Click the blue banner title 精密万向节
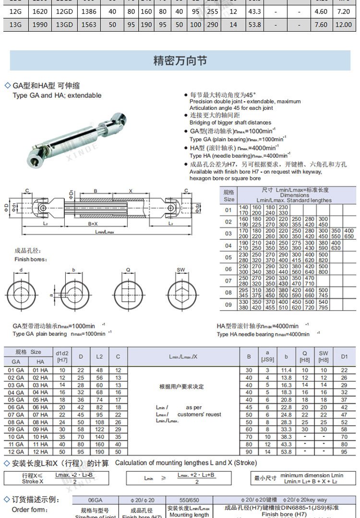(x=180, y=61)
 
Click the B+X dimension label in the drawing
(x=93, y=224)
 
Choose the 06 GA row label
(x=16, y=407)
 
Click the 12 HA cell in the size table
(x=40, y=451)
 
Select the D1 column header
(x=344, y=356)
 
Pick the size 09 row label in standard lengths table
(x=228, y=304)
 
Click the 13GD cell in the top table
(x=64, y=24)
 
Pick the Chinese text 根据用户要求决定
(x=181, y=386)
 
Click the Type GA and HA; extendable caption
(x=57, y=95)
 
